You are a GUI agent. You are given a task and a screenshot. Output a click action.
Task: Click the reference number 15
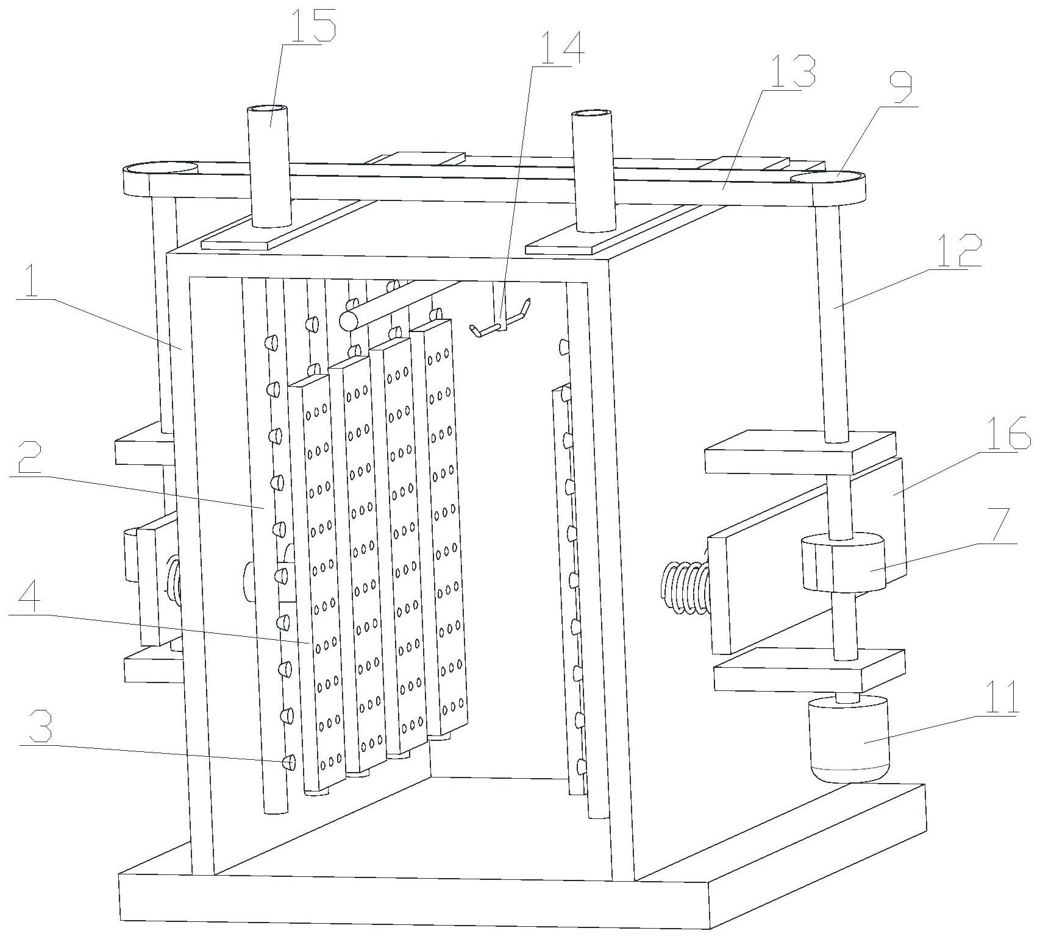(x=313, y=22)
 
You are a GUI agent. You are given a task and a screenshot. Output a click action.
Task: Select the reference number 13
(x=792, y=70)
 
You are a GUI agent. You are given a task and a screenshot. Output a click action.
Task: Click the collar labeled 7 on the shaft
(x=842, y=562)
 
